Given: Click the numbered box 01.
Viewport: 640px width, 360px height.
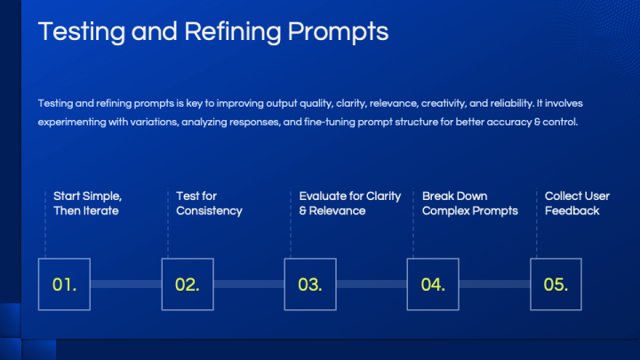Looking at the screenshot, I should (65, 284).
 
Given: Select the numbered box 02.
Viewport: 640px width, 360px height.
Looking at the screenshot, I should (188, 284).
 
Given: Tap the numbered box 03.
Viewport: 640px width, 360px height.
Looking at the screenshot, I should (310, 284).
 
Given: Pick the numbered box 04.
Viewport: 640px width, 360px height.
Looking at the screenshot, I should (433, 284).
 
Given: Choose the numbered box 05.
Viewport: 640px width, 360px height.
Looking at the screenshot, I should (556, 284).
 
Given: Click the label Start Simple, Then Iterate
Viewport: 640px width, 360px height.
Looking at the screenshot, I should (87, 204).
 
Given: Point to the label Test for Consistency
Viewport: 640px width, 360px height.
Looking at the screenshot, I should (209, 204).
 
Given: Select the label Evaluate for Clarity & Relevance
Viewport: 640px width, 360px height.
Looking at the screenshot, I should (349, 204).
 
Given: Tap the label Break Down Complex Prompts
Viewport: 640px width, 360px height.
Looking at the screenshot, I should (469, 204).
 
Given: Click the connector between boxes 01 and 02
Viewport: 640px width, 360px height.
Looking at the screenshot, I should (126, 284).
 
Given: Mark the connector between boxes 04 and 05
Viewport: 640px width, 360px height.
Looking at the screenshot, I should (494, 284).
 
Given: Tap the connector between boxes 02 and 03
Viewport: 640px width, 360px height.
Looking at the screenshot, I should (249, 284).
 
